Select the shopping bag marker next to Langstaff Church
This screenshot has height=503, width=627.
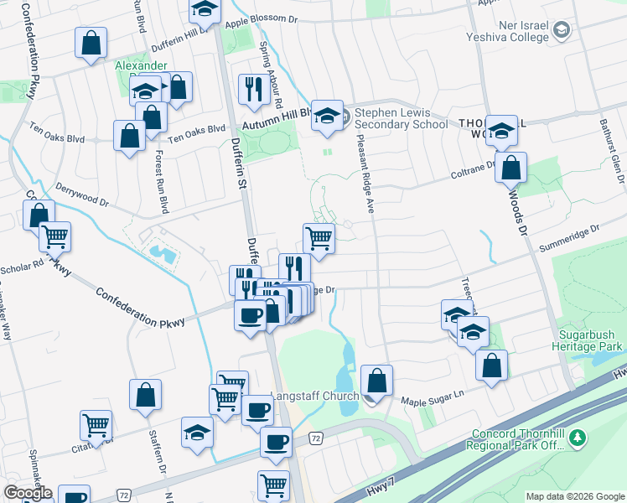[x=378, y=380]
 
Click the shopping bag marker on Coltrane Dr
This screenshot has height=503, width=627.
[x=510, y=167]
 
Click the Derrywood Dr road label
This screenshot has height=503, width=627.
[x=81, y=196]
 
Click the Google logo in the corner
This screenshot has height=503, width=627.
[x=28, y=493]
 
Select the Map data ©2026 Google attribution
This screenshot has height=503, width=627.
[x=574, y=496]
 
